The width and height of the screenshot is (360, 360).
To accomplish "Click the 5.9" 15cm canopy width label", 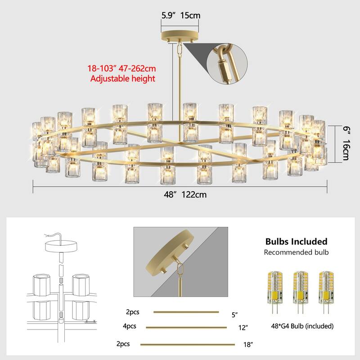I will (180, 15).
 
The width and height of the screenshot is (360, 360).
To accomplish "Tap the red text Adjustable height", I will (123, 79).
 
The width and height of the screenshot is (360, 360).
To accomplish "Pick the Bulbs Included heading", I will (296, 242).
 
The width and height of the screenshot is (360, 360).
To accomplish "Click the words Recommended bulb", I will (296, 252).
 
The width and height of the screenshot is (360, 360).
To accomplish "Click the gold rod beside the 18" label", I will (188, 345).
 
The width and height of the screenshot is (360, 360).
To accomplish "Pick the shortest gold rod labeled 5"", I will (186, 312).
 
